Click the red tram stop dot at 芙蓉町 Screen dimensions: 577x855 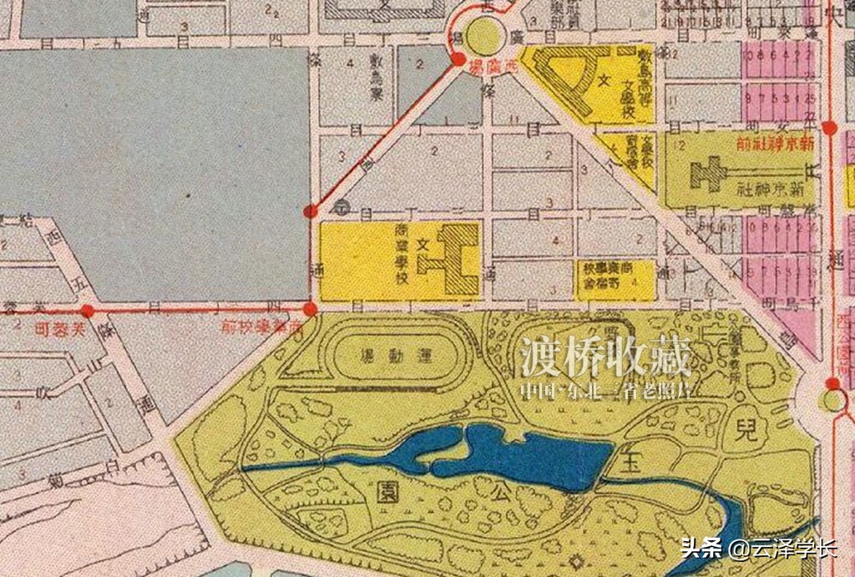point(88,311)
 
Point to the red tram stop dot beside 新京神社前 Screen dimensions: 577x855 point(829,128)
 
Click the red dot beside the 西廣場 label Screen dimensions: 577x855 point(458,59)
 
